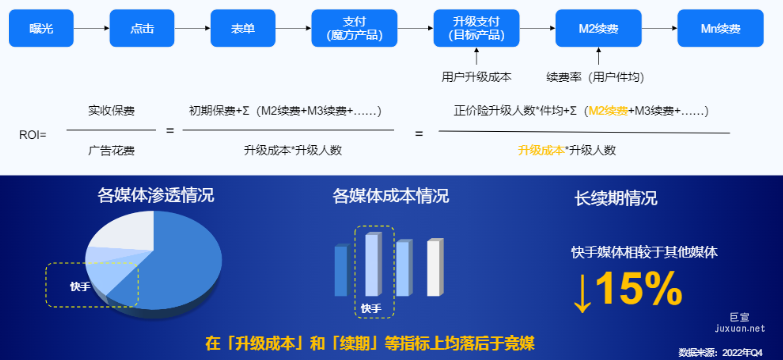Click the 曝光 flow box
coord(42,28)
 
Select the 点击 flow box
coord(142,28)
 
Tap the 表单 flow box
coord(243,28)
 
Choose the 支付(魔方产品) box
coord(355,28)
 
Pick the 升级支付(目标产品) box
coord(476,28)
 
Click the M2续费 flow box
coord(598,28)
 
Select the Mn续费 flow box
coord(719,28)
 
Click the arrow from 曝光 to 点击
coord(92,28)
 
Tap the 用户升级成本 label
coord(476,76)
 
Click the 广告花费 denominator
coord(111,151)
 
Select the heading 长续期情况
coord(616,198)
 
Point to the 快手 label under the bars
coord(371,308)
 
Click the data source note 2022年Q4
coord(722,352)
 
